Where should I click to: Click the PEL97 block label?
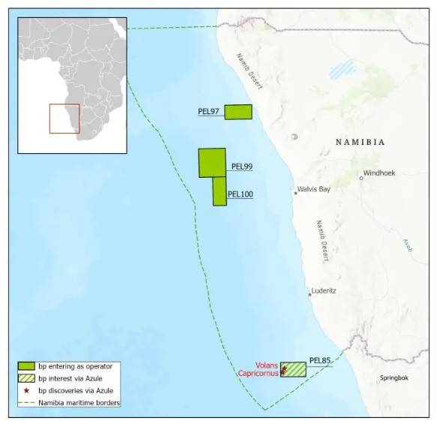click(x=208, y=112)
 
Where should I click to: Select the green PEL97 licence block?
click(x=238, y=112)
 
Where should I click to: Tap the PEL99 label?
click(x=242, y=167)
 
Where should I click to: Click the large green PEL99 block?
click(x=211, y=162)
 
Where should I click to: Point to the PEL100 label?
click(x=240, y=194)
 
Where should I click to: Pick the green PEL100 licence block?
click(x=220, y=191)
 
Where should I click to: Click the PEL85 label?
click(x=320, y=361)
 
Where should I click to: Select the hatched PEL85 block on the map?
click(x=295, y=369)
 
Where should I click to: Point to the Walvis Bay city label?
click(x=313, y=190)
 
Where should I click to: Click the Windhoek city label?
click(x=379, y=173)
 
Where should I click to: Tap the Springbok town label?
click(x=394, y=378)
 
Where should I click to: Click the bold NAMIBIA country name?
click(x=360, y=142)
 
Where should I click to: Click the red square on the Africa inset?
click(x=64, y=119)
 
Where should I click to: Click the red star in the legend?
click(x=27, y=391)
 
